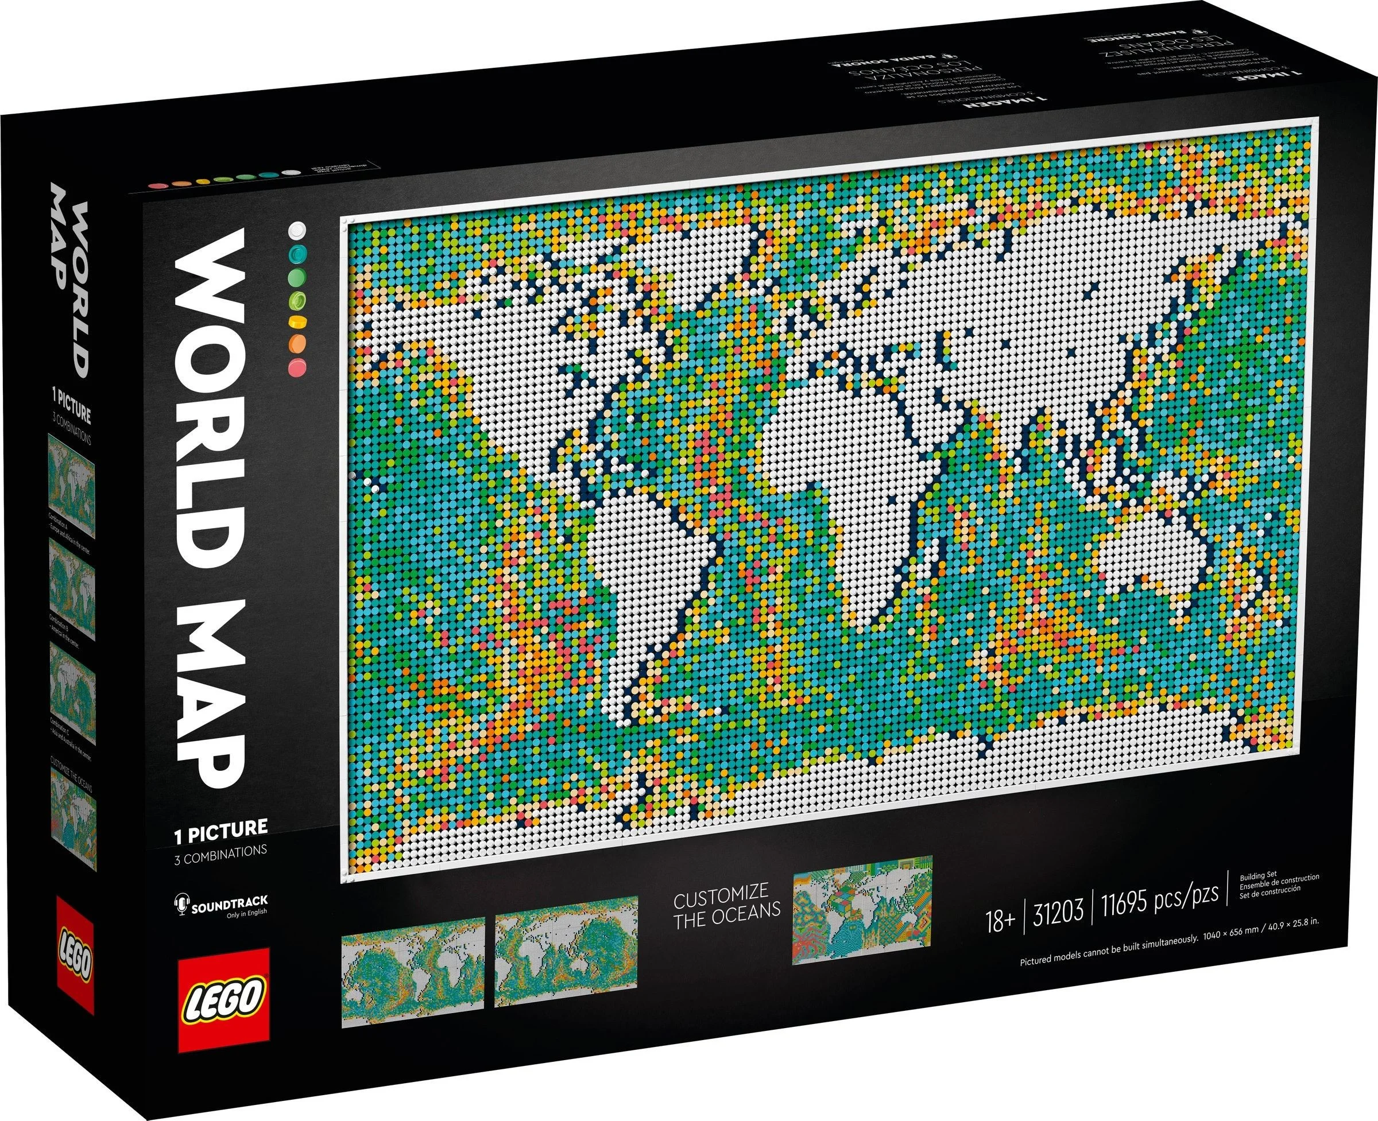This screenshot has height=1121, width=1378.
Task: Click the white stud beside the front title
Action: point(297,229)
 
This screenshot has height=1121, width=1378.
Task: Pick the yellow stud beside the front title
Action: point(298,321)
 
